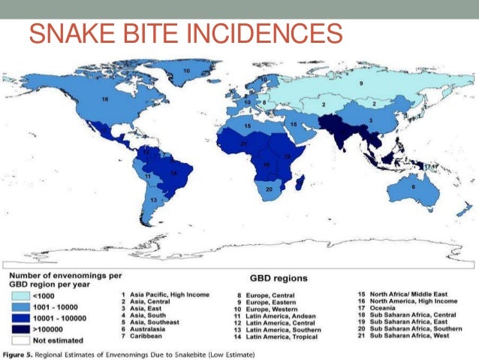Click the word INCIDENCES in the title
270,34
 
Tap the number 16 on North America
106,99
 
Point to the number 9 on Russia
360,83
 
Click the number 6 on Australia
414,186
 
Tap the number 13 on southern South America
153,201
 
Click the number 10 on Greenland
186,69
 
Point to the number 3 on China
370,120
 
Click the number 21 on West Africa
243,143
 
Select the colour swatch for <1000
24,295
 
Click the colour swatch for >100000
24,327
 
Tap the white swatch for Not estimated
24,337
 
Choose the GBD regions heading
279,278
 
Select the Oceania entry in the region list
387,307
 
